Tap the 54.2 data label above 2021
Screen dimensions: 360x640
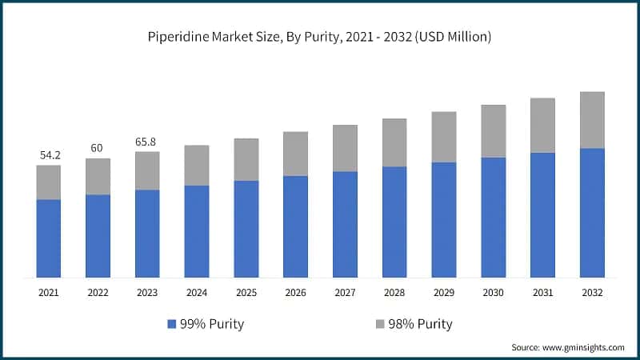48,154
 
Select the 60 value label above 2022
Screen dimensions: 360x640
98,147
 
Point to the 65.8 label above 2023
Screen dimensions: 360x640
147,141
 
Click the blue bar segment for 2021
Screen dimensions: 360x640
49,238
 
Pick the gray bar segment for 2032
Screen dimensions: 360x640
591,120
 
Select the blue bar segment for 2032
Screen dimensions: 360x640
591,213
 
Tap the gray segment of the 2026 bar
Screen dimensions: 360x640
295,154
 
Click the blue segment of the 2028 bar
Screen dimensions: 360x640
394,222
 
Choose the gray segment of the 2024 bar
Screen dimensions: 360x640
197,166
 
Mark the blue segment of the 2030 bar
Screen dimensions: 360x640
493,217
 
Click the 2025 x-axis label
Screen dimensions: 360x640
246,293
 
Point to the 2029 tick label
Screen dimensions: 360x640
443,293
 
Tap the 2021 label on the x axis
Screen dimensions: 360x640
49,293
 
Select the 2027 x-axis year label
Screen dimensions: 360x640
345,293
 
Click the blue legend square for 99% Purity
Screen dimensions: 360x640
172,324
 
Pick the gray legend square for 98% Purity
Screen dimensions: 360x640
379,324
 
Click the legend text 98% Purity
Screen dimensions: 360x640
420,324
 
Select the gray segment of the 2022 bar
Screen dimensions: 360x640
98,176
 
